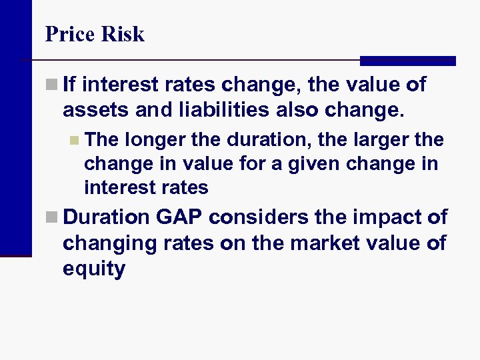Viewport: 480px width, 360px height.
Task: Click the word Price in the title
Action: [x=68, y=34]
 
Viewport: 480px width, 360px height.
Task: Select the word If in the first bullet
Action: [x=71, y=85]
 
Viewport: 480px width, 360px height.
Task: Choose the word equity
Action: [x=94, y=269]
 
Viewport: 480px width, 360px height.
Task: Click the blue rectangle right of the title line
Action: [x=407, y=61]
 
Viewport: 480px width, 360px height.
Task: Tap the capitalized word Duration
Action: [x=107, y=217]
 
